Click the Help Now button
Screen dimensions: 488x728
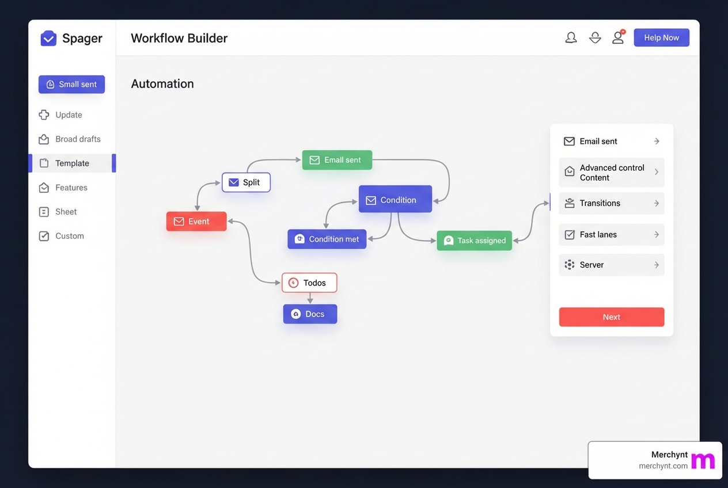pos(661,37)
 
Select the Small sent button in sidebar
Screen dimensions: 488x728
pos(71,84)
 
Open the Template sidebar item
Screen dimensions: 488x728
pos(72,163)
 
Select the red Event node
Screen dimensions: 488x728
pos(196,222)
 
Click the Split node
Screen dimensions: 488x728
pos(246,182)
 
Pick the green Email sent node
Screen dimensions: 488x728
pos(337,160)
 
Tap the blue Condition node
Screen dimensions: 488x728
pos(395,200)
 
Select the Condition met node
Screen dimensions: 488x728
pos(327,239)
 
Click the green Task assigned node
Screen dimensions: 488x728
pos(474,241)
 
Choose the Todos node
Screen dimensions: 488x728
pos(309,283)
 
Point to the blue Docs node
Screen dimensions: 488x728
pos(310,314)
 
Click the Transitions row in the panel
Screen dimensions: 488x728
pos(611,203)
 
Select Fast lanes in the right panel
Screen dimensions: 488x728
pos(611,235)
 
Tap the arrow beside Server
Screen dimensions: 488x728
pos(657,265)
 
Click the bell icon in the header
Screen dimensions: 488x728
pos(571,38)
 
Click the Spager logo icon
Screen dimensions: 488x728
pos(48,39)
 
